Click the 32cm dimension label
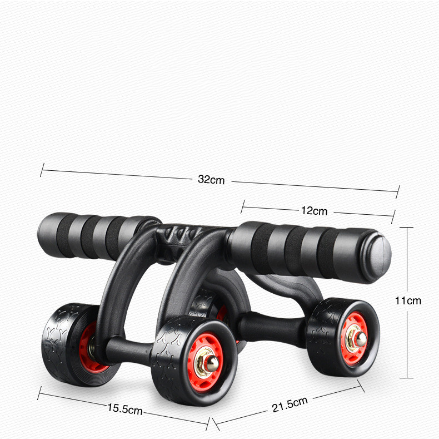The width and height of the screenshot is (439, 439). (211, 179)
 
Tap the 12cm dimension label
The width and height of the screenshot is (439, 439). (314, 210)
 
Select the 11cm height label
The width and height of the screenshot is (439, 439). (408, 301)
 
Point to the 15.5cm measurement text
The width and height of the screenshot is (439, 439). (125, 409)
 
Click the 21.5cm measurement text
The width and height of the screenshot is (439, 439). (290, 405)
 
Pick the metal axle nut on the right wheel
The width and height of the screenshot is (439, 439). (356, 338)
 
